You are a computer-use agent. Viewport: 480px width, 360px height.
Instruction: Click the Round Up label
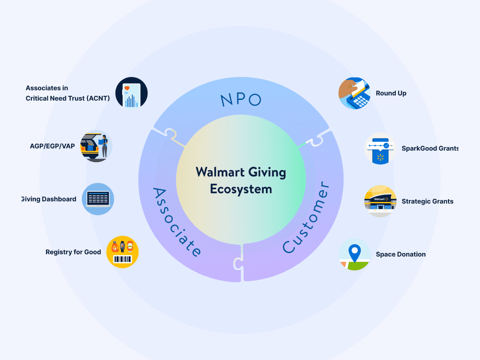391,93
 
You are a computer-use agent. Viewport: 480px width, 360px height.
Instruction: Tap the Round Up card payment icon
354,93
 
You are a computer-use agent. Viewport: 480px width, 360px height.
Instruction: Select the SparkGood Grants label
430,148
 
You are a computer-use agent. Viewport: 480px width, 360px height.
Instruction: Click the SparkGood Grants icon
380,148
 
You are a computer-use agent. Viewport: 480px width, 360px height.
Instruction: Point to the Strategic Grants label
427,201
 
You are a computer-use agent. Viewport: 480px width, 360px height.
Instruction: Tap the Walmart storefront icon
380,201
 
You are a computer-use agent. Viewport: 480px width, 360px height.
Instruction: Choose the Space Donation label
400,254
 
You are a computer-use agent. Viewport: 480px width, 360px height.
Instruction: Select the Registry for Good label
73,252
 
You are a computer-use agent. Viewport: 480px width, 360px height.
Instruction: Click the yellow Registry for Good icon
123,252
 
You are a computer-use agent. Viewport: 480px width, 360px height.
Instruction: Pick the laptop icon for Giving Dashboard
98,199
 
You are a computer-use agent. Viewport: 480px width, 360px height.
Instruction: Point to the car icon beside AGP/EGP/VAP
96,146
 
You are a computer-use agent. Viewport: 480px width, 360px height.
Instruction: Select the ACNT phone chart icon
131,94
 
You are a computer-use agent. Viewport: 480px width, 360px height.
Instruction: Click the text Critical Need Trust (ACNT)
68,98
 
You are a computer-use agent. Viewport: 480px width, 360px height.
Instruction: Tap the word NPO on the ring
241,100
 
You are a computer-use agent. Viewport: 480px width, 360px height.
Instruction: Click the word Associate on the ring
176,222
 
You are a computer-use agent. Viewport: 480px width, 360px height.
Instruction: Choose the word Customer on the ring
307,217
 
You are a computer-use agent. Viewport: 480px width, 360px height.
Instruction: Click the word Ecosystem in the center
241,189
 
